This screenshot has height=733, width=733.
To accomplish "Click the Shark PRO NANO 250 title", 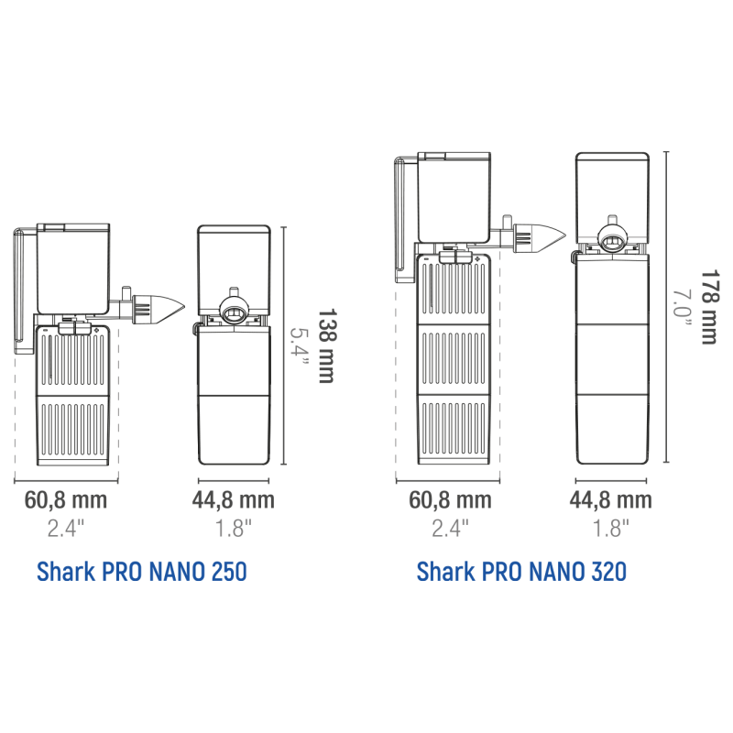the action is pos(142,572).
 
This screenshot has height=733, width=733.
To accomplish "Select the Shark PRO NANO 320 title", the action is pos(521,572).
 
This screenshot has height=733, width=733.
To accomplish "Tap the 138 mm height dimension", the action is pos(326,345).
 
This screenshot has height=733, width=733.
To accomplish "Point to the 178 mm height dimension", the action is pos(708,307).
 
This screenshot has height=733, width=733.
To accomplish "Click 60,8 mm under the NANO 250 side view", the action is pos(66,499).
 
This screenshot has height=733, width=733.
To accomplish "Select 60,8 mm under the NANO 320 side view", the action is pos(450,499).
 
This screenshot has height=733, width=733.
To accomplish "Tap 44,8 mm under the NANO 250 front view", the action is pos(234,499).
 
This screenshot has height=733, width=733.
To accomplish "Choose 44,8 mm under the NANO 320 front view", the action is pos(610,499).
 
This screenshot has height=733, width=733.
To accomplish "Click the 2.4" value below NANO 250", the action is pos(66,529).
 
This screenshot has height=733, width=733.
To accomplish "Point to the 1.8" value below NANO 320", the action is pos(610,529).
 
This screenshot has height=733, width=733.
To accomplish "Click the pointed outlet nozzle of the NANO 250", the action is pos(158,309).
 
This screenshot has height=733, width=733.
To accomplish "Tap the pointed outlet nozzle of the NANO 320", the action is pos(540,237).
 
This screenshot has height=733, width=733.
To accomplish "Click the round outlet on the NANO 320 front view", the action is pos(611,240).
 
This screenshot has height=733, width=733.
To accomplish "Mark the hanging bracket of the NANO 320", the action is pos(401,220).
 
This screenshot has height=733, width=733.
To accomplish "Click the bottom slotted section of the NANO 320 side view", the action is pos(454,431).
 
